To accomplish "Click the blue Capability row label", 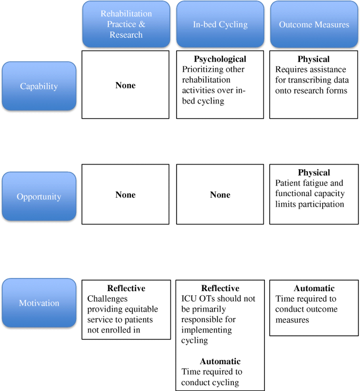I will point(39,86).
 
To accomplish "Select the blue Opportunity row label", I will point(39,197).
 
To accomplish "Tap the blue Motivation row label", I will point(39,303).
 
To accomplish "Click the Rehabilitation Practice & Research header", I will point(126,24).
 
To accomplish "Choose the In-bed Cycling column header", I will point(220,24).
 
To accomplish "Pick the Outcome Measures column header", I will point(314,24).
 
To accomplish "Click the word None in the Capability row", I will point(126,85).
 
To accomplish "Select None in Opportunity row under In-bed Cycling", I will point(220,195).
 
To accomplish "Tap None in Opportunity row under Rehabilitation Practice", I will point(126,195).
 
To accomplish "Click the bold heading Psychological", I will point(220,59).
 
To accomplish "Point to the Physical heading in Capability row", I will point(314,59).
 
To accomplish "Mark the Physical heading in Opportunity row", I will point(314,172).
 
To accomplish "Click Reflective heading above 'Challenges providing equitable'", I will point(126,289).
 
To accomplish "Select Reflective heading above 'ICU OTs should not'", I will point(220,289).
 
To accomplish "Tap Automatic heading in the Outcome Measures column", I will point(314,289).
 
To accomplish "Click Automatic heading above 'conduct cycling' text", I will point(220,362).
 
